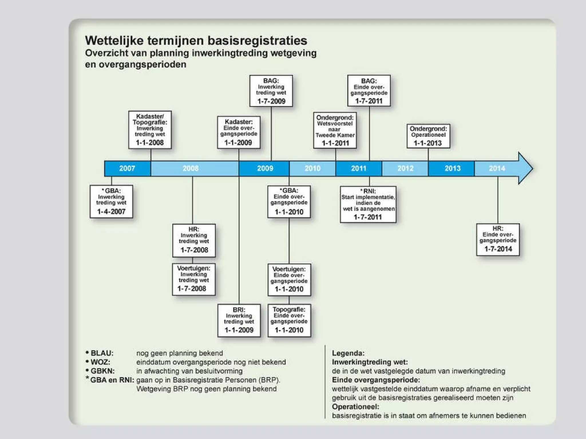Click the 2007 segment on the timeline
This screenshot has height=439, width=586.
(x=127, y=168)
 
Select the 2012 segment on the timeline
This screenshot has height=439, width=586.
(x=405, y=168)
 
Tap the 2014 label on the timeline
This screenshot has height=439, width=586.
(x=497, y=168)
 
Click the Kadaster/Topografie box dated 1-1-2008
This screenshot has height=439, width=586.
(x=150, y=130)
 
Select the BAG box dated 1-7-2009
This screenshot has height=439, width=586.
(x=271, y=91)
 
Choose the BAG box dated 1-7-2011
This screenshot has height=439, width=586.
(x=369, y=91)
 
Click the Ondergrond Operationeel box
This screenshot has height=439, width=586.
(x=428, y=136)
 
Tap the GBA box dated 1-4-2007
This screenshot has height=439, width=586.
(x=111, y=201)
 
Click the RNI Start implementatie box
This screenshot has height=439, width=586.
(x=368, y=204)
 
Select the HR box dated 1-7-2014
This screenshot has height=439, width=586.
(x=498, y=240)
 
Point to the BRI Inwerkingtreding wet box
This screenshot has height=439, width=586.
(x=239, y=320)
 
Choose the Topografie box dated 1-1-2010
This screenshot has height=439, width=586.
(x=289, y=320)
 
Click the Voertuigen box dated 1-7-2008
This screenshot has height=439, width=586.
(x=194, y=279)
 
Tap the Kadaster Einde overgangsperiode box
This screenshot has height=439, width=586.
(x=239, y=132)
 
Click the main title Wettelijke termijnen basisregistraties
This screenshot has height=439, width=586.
(x=196, y=41)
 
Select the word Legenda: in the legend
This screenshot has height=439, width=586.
(x=348, y=353)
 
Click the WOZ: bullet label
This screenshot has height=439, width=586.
(x=100, y=362)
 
